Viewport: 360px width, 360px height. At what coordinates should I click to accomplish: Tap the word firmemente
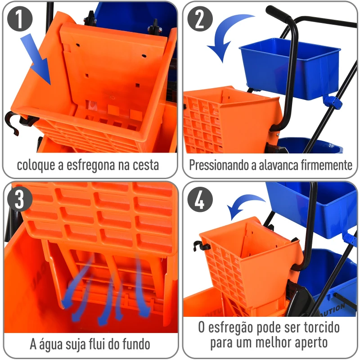[326, 165]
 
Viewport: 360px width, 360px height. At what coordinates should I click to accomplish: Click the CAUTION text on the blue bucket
[333, 309]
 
